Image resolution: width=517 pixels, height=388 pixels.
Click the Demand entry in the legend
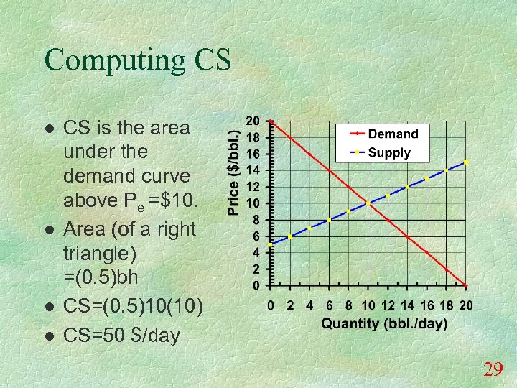392,134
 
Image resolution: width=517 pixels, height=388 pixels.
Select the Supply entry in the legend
391,152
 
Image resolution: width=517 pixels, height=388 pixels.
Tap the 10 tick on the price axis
254,203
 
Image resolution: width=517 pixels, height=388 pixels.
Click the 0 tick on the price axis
256,285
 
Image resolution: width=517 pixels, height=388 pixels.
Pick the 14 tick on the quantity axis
407,305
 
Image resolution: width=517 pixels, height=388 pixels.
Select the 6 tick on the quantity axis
329,305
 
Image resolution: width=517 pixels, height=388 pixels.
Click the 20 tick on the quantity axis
466,305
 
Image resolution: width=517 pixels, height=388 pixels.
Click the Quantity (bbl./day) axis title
383,323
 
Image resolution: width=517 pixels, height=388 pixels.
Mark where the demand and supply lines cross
368,203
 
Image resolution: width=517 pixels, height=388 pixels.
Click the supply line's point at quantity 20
467,162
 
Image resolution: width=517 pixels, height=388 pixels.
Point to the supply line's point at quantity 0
270,244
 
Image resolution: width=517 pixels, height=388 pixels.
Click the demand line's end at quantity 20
467,285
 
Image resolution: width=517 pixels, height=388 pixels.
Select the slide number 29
493,370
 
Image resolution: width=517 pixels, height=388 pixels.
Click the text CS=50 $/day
122,336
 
